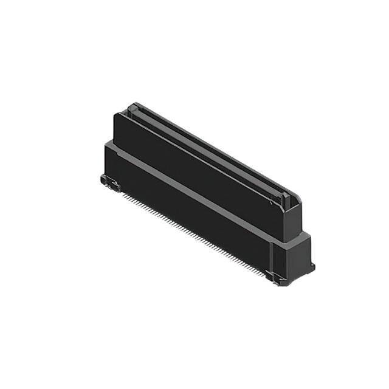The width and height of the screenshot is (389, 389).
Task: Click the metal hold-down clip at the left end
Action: point(108,181)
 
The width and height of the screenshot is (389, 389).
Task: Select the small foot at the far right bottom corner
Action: point(312,267)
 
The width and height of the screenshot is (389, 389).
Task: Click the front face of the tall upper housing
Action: point(194,164)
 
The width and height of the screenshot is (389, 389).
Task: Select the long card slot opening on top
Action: point(207,152)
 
